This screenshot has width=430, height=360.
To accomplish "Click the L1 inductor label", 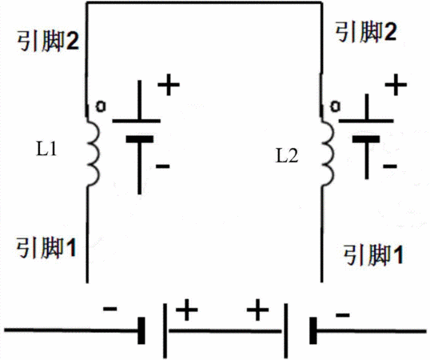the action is click(x=46, y=150).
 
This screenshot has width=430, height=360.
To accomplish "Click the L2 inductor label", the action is click(x=287, y=157).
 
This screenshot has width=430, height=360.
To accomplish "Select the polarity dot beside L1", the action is click(x=101, y=106).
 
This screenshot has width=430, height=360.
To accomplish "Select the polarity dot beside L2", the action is click(x=335, y=106).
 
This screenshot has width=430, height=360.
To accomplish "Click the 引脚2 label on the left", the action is click(x=48, y=41).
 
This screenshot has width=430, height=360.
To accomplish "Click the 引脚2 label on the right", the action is click(x=366, y=32).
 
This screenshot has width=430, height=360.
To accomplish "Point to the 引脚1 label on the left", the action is click(x=46, y=248).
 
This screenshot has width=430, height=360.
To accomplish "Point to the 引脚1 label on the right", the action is click(x=373, y=255).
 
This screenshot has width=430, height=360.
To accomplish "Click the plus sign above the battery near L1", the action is click(x=169, y=85).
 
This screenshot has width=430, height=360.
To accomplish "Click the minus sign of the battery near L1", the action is click(x=162, y=166).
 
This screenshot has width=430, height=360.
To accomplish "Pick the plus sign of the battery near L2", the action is click(x=396, y=85).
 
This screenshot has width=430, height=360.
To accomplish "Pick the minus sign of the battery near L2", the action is click(x=390, y=166).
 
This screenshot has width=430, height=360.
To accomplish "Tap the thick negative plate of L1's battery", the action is click(x=140, y=139).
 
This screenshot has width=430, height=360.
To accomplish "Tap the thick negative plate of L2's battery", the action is click(x=366, y=139).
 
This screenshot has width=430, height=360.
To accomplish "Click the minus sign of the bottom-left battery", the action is click(x=110, y=309).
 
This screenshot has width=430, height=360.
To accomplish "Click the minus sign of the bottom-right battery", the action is click(x=343, y=314).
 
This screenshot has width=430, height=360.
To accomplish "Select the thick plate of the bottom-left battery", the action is click(x=141, y=330).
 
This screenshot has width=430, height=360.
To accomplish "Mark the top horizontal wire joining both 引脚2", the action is click(x=205, y=3).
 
